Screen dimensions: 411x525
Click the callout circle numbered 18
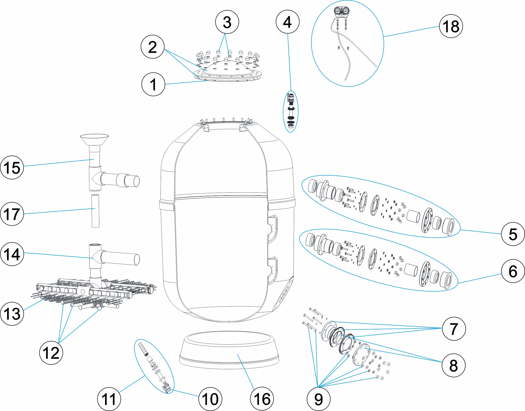[451, 26]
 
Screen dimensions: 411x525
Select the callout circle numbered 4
[288, 22]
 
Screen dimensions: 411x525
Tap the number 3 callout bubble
[227, 22]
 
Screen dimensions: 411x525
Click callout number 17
[12, 214]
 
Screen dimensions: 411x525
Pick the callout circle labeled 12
[51, 353]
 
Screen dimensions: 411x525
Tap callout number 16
[262, 399]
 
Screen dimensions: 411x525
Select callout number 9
[318, 399]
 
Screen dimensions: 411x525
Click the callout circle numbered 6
[513, 271]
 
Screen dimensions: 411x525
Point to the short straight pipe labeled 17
[95, 211]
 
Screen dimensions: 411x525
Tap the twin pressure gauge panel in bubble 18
[341, 11]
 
